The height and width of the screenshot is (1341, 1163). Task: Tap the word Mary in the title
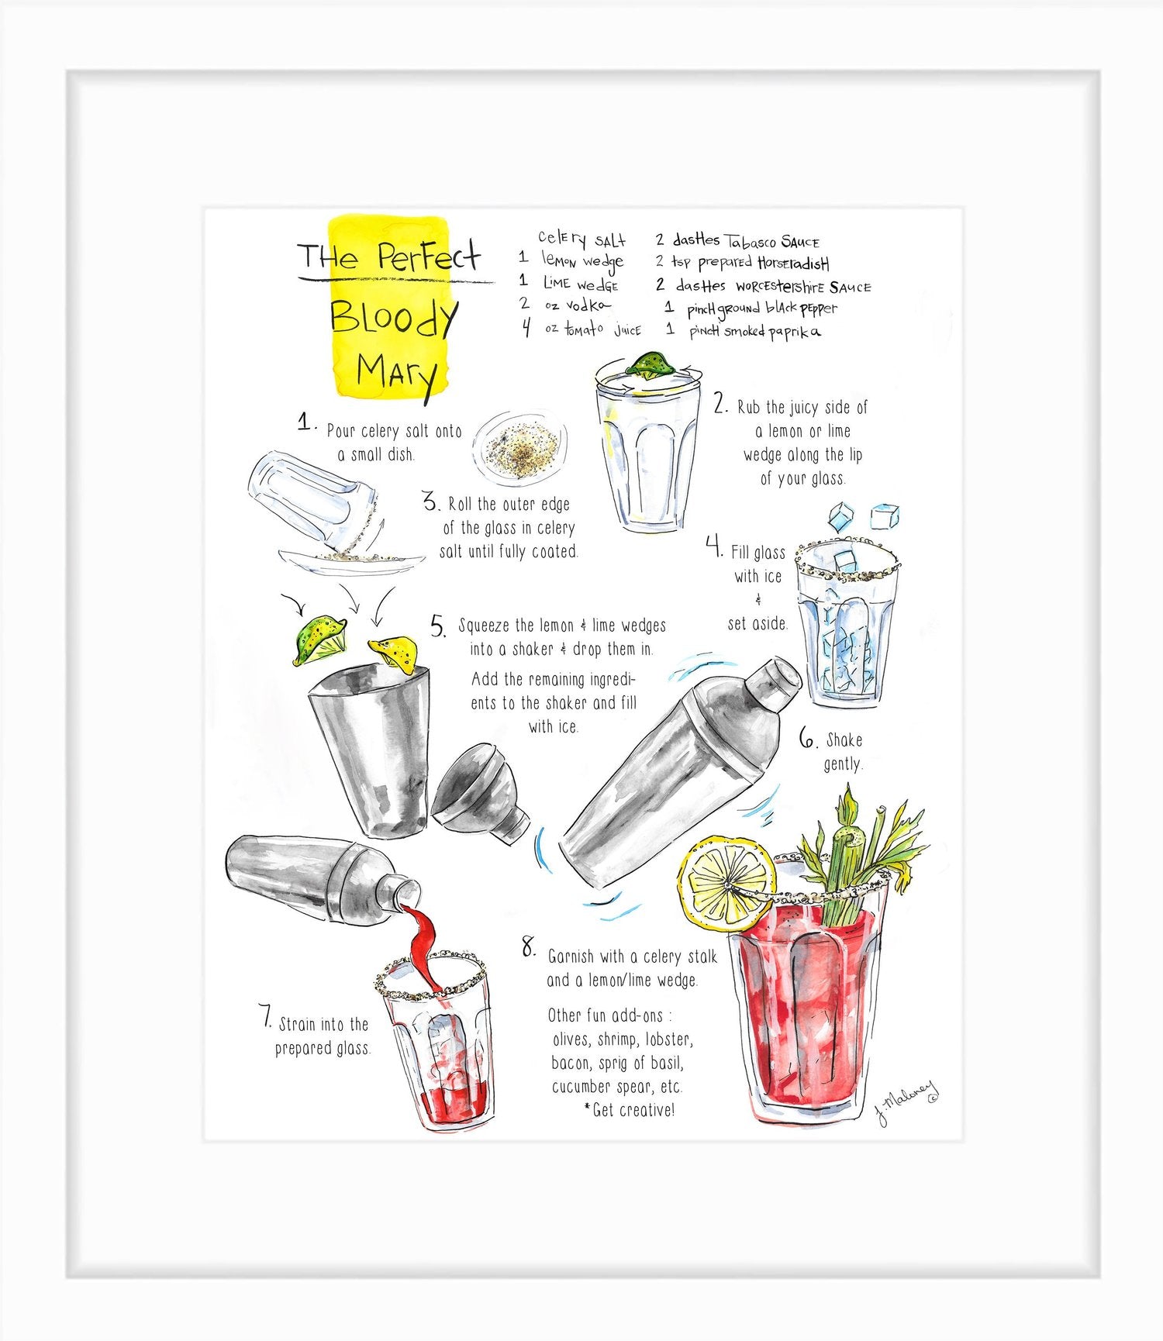pyautogui.click(x=395, y=374)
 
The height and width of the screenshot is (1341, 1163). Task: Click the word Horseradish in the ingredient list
pyautogui.click(x=793, y=264)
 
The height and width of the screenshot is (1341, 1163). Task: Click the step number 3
pyautogui.click(x=432, y=503)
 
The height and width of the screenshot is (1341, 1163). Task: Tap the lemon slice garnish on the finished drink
pyautogui.click(x=726, y=884)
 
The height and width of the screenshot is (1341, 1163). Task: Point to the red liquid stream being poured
pyautogui.click(x=423, y=942)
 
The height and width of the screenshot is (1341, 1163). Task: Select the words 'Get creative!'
pyautogui.click(x=633, y=1110)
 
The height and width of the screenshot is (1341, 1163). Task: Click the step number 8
pyautogui.click(x=529, y=947)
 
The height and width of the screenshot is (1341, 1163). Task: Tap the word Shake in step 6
pyautogui.click(x=844, y=739)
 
